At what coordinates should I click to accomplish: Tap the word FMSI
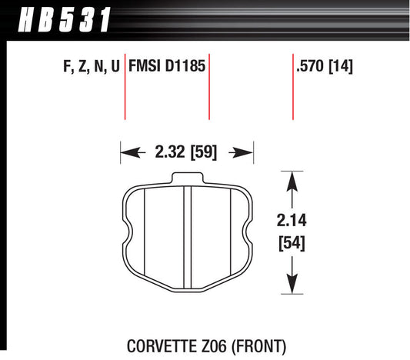point(148,67)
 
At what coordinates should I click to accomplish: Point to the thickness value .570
point(309,67)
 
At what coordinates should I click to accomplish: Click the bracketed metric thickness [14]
point(342,67)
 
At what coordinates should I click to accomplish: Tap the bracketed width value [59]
point(202,152)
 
